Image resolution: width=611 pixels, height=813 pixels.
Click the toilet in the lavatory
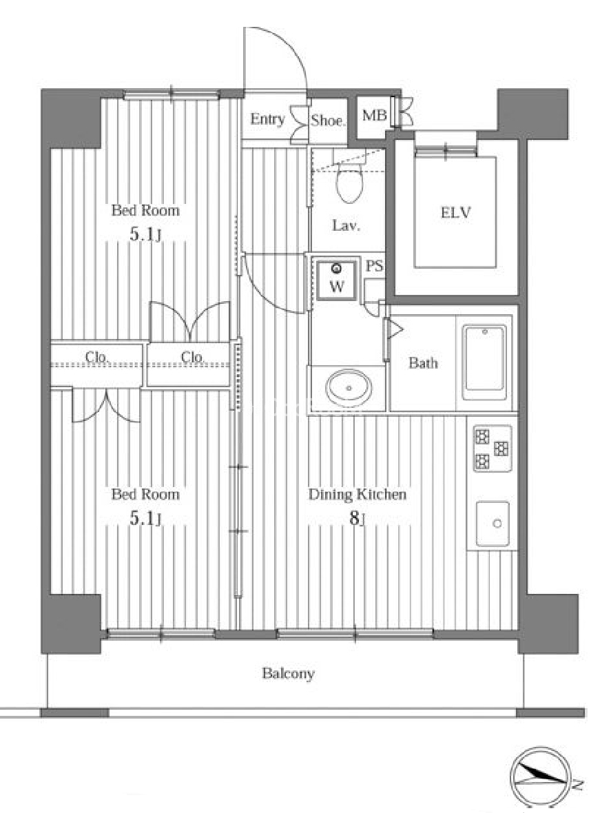[349, 181]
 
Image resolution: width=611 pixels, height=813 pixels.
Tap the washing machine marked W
[337, 280]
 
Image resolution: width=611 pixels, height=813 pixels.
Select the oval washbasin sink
[349, 387]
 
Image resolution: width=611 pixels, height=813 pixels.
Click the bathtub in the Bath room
[484, 362]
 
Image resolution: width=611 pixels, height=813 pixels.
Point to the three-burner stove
[492, 448]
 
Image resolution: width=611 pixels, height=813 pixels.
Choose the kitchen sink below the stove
[493, 523]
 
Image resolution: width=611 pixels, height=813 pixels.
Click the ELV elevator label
[455, 213]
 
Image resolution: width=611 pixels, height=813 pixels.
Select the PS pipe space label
[374, 266]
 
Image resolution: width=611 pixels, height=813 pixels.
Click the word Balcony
[288, 674]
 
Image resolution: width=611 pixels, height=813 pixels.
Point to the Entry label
[267, 119]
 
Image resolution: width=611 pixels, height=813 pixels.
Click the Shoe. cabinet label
[327, 121]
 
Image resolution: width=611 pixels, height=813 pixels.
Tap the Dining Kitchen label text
[357, 494]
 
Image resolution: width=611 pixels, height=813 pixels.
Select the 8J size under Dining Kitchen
[357, 517]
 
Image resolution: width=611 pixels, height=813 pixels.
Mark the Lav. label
[346, 225]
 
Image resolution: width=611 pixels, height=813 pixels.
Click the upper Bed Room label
[145, 210]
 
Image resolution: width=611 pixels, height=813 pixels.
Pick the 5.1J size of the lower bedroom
[145, 518]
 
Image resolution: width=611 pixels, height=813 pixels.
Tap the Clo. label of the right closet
[193, 357]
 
